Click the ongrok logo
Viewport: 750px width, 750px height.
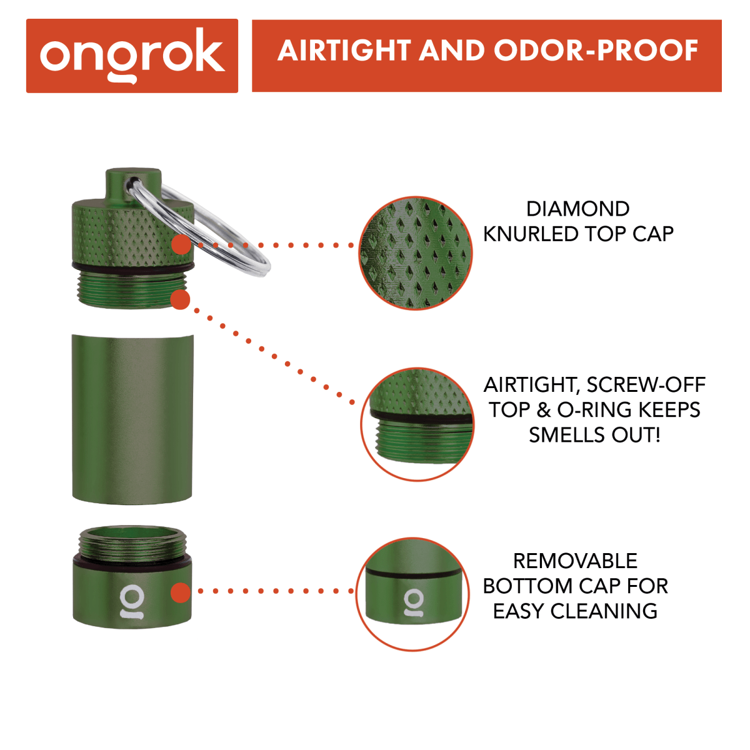pyautogui.click(x=132, y=56)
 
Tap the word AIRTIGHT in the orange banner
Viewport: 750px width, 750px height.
pyautogui.click(x=344, y=51)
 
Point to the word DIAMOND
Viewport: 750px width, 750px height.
pyautogui.click(x=577, y=209)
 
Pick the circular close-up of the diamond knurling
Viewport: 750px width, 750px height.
pyautogui.click(x=416, y=253)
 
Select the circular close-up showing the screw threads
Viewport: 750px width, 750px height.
pyautogui.click(x=417, y=424)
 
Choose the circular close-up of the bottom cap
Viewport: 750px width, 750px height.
pyautogui.click(x=413, y=594)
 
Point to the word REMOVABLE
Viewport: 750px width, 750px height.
pyautogui.click(x=575, y=561)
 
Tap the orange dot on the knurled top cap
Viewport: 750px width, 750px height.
pyautogui.click(x=181, y=244)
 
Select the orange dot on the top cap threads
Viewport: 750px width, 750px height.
pyautogui.click(x=180, y=299)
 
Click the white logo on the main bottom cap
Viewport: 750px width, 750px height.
pyautogui.click(x=132, y=602)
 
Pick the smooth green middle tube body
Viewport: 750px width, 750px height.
pyautogui.click(x=132, y=419)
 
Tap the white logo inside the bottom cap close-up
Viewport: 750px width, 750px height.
pyautogui.click(x=413, y=602)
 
